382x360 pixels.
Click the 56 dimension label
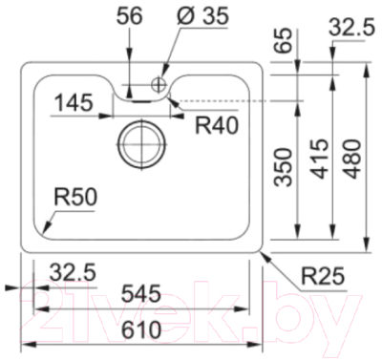coord(130,16)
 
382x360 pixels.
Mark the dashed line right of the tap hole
coord(229,99)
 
